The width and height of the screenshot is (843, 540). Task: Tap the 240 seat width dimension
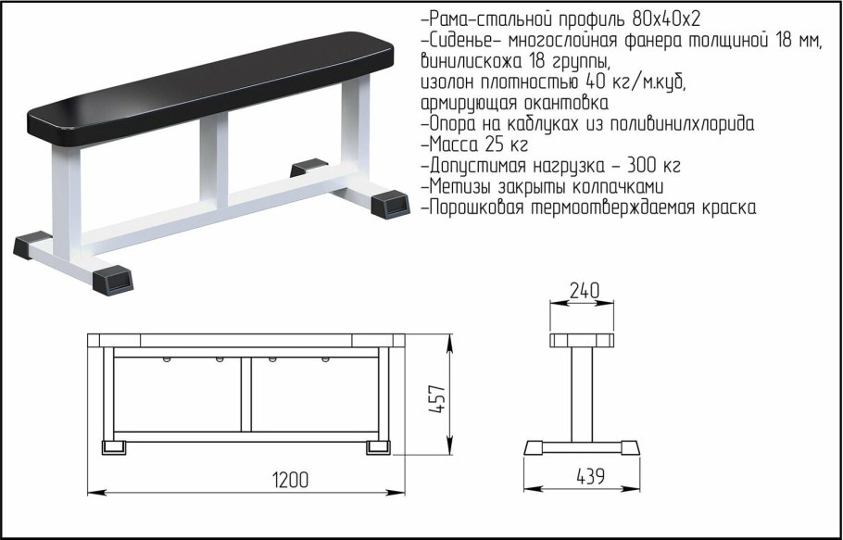[583, 290]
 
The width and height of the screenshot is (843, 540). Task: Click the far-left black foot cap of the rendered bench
[34, 245]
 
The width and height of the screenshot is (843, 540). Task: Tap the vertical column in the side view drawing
[582, 393]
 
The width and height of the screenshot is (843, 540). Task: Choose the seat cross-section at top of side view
[582, 339]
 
